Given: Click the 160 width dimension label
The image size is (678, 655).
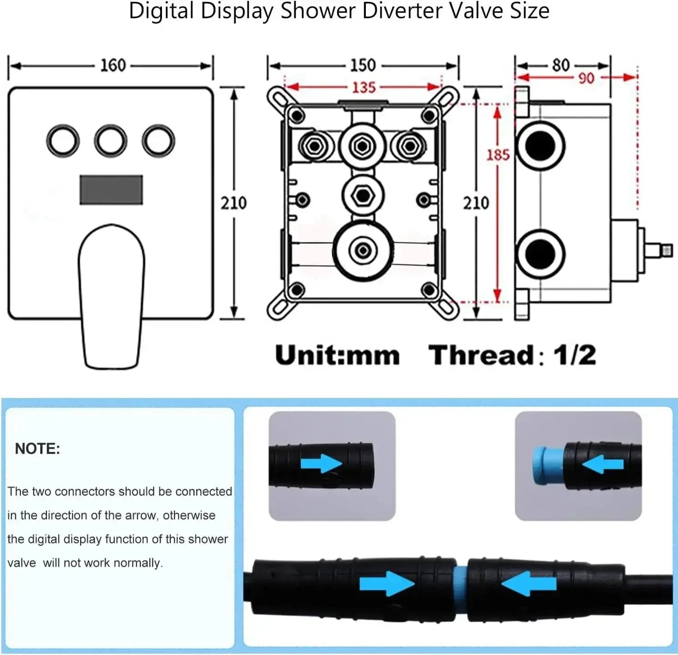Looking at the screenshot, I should pos(113,65).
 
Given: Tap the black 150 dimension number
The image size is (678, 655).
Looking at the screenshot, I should pos(362,65).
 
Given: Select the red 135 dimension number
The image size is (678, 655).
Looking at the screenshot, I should pos(363,88).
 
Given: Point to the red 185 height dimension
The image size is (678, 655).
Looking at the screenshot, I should pos(498,154).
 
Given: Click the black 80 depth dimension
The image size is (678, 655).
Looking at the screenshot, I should pos(560,64).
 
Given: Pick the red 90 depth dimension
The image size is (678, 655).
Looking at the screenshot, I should pos(586,78).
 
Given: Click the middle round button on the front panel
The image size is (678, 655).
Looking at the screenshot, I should pos(111,141).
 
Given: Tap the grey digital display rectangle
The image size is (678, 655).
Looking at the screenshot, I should pos(111,190).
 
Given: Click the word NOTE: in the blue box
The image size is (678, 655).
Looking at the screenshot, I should pos(38,449).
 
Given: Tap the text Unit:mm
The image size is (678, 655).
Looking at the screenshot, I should pos(337,355).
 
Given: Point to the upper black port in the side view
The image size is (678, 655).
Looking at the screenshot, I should pos(539,145).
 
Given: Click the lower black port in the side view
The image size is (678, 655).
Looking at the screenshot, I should pos(539,254).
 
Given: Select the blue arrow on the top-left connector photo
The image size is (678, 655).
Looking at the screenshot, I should pos(321,463).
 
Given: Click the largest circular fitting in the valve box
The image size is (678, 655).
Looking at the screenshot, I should pos(362,250).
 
